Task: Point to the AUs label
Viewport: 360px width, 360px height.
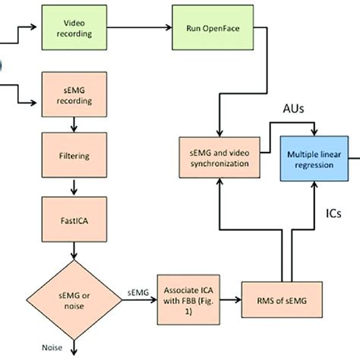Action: pyautogui.click(x=295, y=109)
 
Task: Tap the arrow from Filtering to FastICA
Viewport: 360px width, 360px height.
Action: pyautogui.click(x=74, y=185)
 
